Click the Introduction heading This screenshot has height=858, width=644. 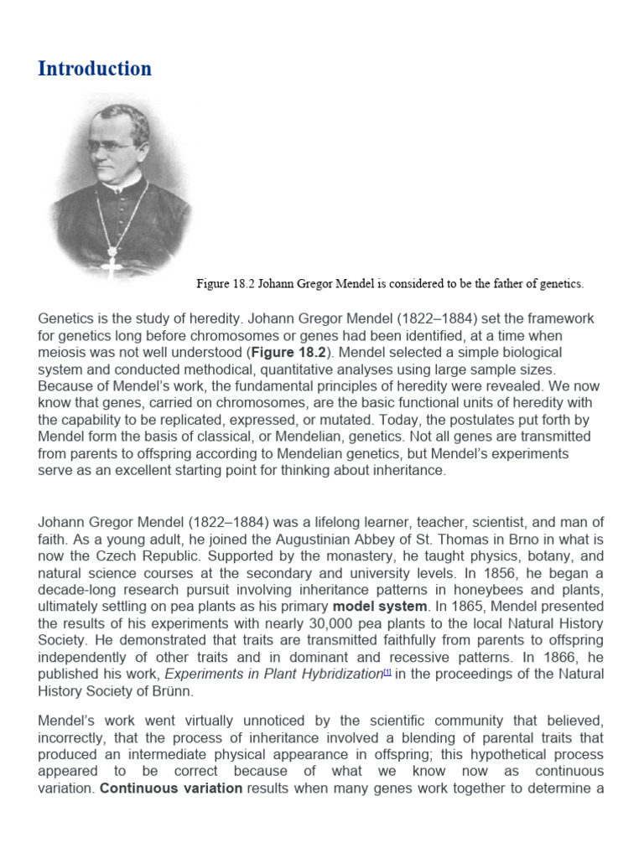(x=95, y=69)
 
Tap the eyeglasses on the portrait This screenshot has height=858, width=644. (x=111, y=145)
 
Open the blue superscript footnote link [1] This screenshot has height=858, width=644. (x=387, y=672)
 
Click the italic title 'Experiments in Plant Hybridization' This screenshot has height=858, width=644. (x=273, y=675)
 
